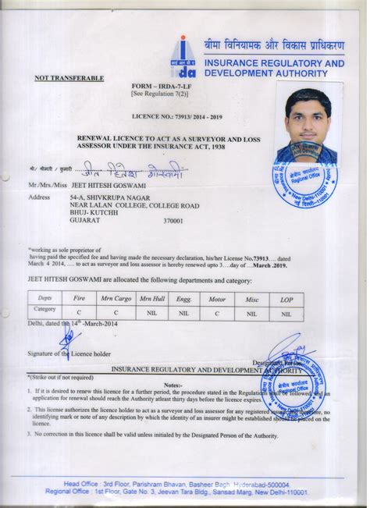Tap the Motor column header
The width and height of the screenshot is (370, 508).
215,298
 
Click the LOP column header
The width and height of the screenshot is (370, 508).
286,298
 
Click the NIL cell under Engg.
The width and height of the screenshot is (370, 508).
183,312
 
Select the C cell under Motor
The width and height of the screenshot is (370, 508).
215,312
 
